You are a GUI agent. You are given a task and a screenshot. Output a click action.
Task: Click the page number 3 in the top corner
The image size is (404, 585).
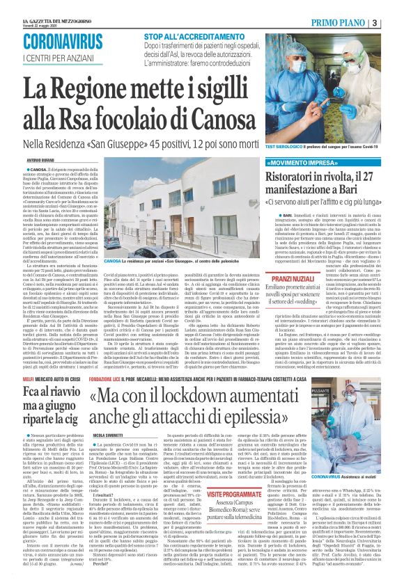[x=395, y=22]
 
